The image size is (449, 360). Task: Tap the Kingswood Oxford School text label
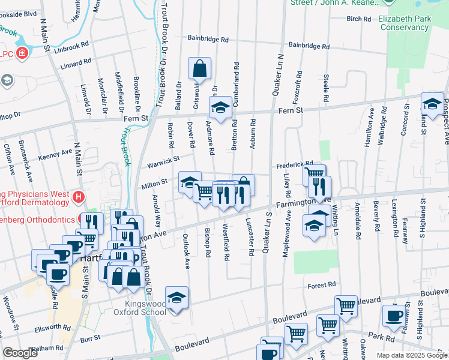click(x=140, y=308)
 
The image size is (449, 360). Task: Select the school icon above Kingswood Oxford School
click(x=176, y=298)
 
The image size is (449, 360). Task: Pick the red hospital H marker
click(x=77, y=196)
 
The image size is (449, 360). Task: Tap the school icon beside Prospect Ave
click(x=432, y=104)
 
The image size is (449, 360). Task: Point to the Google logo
click(x=20, y=353)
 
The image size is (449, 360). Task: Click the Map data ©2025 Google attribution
click(x=412, y=355)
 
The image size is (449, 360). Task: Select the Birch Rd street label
click(x=358, y=19)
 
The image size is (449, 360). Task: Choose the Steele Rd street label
click(x=326, y=88)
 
